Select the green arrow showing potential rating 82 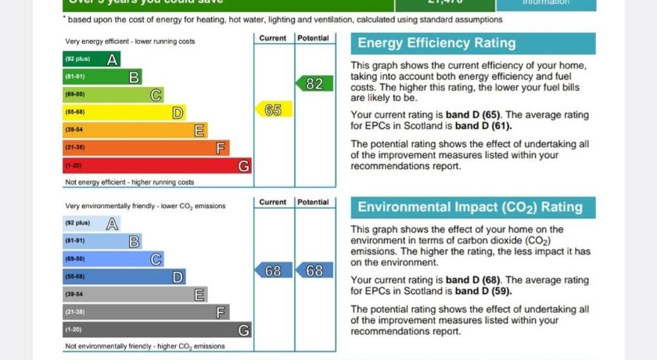[314, 84]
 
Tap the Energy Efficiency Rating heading [436, 44]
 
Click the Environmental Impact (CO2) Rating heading [469, 207]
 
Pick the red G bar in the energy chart [156, 165]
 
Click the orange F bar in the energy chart [145, 147]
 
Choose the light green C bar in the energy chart [113, 95]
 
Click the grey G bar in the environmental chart [156, 329]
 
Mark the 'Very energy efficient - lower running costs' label [130, 41]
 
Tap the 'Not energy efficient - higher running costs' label [129, 182]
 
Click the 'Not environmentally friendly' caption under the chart [145, 346]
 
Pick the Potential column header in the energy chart [313, 38]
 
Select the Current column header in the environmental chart [273, 202]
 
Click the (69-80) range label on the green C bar [75, 95]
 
